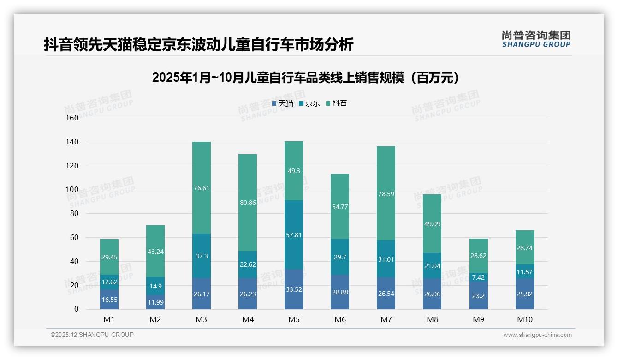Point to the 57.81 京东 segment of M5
click(294, 235)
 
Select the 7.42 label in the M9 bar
click(478, 277)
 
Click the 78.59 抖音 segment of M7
click(386, 194)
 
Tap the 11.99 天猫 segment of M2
click(155, 302)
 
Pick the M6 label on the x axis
click(340, 319)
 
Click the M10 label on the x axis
click(524, 319)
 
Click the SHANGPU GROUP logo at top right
click(536, 39)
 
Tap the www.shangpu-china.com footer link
click(537, 335)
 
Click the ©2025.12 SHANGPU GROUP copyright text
click(92, 335)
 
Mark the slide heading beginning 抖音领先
click(198, 44)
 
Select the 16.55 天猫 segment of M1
click(109, 299)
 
